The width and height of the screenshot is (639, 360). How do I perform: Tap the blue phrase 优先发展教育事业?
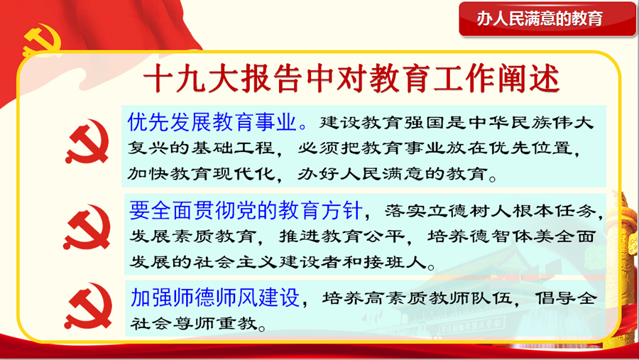[212, 121]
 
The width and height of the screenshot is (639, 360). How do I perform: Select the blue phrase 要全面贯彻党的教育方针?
[246, 210]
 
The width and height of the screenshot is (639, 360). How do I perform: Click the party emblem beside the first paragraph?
[87, 141]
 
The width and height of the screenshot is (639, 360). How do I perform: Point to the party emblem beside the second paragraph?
[87, 227]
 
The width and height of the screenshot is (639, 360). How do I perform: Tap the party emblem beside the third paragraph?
[88, 306]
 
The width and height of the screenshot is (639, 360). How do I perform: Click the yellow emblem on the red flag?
[42, 40]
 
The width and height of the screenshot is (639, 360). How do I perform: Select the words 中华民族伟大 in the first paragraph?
[531, 123]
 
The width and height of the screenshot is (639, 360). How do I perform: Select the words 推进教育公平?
[342, 236]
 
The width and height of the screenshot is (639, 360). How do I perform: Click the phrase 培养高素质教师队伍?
[417, 298]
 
